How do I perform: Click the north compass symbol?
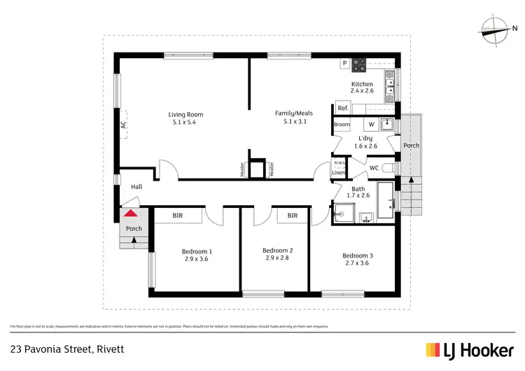pos(494,29)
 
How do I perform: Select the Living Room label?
pos(185,115)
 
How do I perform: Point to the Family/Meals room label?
pos(294,113)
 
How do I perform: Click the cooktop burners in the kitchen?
pos(360,64)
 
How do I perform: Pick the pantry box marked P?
pos(344,64)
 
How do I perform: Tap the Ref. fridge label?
pos(343,108)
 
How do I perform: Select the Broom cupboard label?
pos(342,125)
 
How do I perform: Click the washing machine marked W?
pos(372,125)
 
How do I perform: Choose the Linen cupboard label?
pos(339,171)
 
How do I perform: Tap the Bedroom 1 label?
pos(197,251)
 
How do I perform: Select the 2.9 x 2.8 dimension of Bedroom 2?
pos(277,258)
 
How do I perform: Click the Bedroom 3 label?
pos(357,255)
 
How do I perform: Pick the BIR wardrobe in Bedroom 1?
pos(178,216)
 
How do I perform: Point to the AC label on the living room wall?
pos(123,125)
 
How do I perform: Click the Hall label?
pos(136,187)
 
